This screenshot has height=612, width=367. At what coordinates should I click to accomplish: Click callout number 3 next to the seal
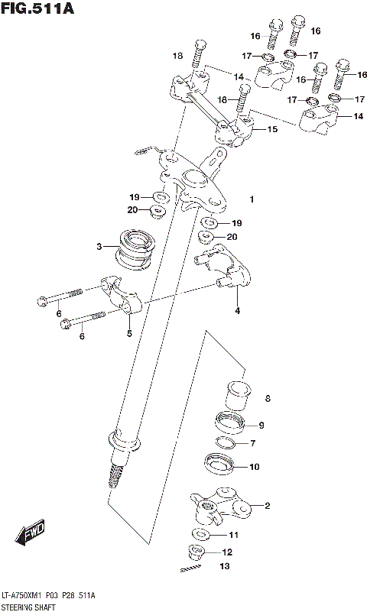99,246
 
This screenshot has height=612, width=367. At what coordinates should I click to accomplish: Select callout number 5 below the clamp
129,334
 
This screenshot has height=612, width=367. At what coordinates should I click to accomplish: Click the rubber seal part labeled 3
136,248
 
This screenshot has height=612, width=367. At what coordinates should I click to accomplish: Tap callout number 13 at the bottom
223,566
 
